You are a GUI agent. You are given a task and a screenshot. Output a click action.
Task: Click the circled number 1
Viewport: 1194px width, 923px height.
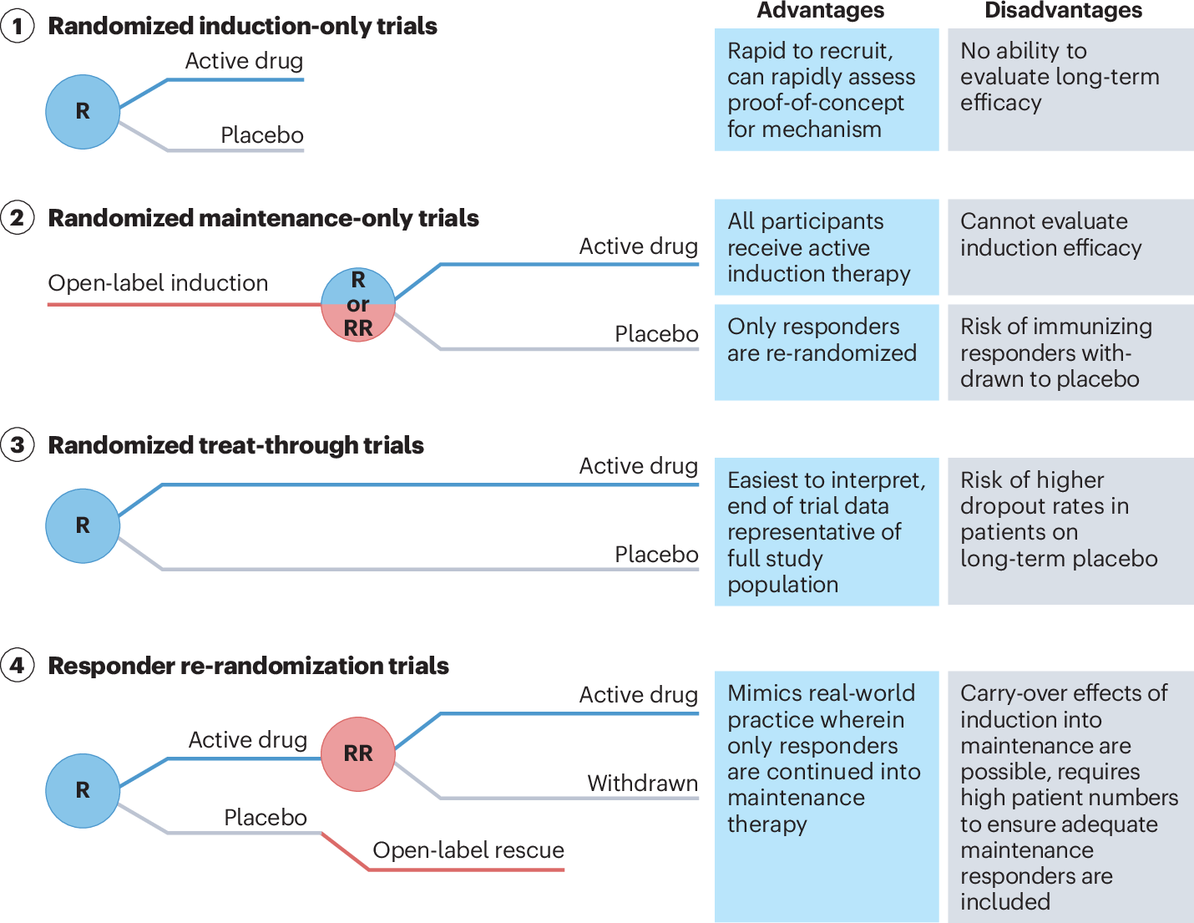pyautogui.click(x=17, y=26)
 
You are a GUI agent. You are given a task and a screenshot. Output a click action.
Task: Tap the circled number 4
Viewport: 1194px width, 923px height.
pyautogui.click(x=17, y=665)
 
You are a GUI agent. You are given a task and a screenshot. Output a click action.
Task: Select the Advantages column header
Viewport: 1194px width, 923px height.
pyautogui.click(x=821, y=11)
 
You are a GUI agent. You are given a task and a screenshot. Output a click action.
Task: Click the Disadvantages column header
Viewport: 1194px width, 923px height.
pyautogui.click(x=1063, y=11)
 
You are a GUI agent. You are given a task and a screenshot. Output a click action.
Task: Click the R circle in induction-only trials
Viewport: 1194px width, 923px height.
pyautogui.click(x=83, y=112)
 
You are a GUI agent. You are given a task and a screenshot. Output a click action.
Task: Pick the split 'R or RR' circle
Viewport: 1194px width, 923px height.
pyautogui.click(x=357, y=305)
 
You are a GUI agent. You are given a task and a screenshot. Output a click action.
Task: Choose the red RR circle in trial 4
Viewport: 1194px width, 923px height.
pyautogui.click(x=357, y=753)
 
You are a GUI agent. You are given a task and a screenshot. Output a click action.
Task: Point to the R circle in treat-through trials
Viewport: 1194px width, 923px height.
pyautogui.click(x=83, y=525)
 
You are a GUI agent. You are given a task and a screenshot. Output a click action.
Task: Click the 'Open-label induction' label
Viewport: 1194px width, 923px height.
pyautogui.click(x=159, y=283)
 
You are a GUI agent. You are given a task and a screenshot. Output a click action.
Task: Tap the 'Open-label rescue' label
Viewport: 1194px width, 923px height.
pyautogui.click(x=468, y=849)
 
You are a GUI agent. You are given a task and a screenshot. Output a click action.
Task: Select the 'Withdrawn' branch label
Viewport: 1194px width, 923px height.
pyautogui.click(x=642, y=783)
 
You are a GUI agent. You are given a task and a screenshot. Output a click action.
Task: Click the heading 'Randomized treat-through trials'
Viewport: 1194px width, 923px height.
pyautogui.click(x=235, y=445)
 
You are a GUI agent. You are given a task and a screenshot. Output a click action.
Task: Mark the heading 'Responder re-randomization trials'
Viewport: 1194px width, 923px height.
pyautogui.click(x=248, y=666)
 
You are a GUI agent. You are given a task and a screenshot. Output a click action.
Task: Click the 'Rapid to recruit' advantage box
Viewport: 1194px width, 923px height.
pyautogui.click(x=827, y=89)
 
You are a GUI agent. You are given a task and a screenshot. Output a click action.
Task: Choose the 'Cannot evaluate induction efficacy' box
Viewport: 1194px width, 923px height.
pyautogui.click(x=1070, y=247)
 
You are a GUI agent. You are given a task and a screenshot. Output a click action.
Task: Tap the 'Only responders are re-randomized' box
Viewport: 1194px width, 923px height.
pyautogui.click(x=827, y=352)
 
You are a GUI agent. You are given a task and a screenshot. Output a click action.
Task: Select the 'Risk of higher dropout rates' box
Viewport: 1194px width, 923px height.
pyautogui.click(x=1070, y=531)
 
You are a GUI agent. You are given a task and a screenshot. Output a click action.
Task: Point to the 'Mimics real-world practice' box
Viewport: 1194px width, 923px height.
pyautogui.click(x=827, y=796)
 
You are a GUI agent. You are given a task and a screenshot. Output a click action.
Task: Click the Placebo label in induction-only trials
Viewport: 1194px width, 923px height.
pyautogui.click(x=262, y=134)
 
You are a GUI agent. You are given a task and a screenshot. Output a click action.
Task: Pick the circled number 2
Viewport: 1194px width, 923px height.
pyautogui.click(x=17, y=218)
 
